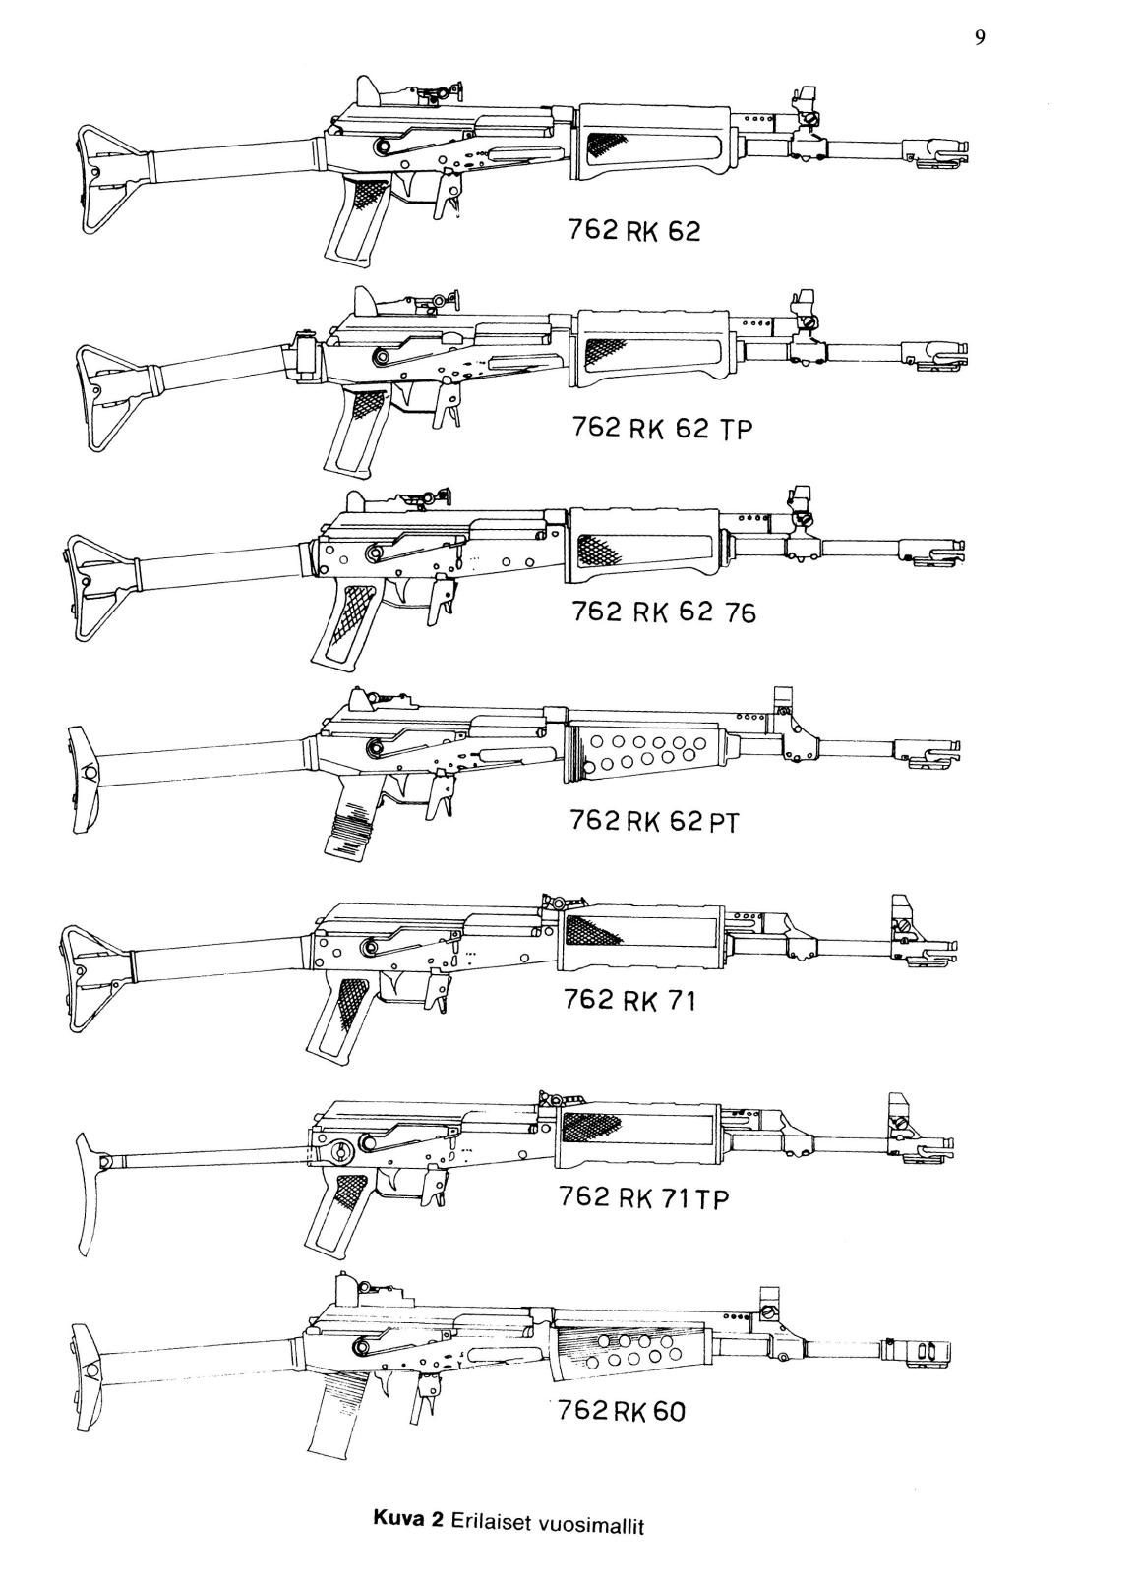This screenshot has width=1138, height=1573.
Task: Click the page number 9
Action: click(979, 38)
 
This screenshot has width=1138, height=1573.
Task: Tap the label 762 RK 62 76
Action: click(664, 612)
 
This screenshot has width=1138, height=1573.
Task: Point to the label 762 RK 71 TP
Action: click(643, 1197)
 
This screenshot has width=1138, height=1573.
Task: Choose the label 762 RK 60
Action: click(621, 1410)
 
